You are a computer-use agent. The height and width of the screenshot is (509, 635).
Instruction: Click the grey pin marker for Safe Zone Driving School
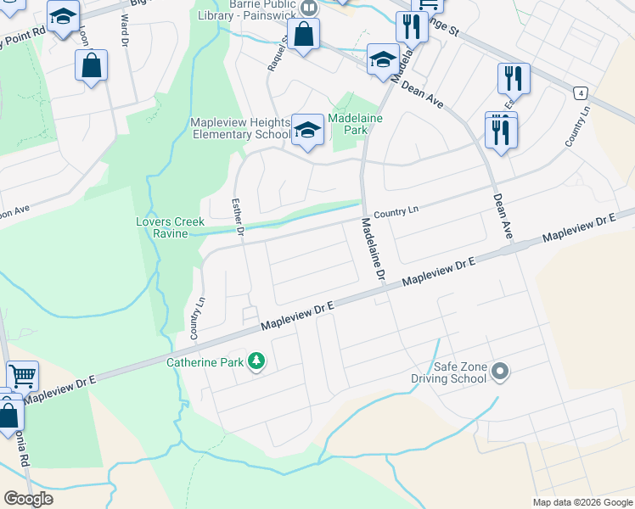click(500, 371)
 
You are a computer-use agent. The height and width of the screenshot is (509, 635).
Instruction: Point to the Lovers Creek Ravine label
click(171, 227)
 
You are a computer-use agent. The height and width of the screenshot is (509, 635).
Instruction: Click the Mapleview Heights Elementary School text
click(240, 128)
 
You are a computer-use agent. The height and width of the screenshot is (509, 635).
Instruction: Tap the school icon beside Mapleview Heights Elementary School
click(307, 130)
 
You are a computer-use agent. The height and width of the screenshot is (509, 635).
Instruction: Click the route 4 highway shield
click(580, 92)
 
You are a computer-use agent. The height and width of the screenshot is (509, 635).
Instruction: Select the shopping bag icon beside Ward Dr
click(92, 66)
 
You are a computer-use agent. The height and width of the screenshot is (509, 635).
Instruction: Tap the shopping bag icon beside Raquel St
click(303, 35)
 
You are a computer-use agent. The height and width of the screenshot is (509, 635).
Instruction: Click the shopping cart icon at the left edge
click(22, 375)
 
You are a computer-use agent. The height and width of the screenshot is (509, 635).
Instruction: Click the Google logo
click(28, 499)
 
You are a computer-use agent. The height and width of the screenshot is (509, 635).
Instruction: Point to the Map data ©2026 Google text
click(582, 502)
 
